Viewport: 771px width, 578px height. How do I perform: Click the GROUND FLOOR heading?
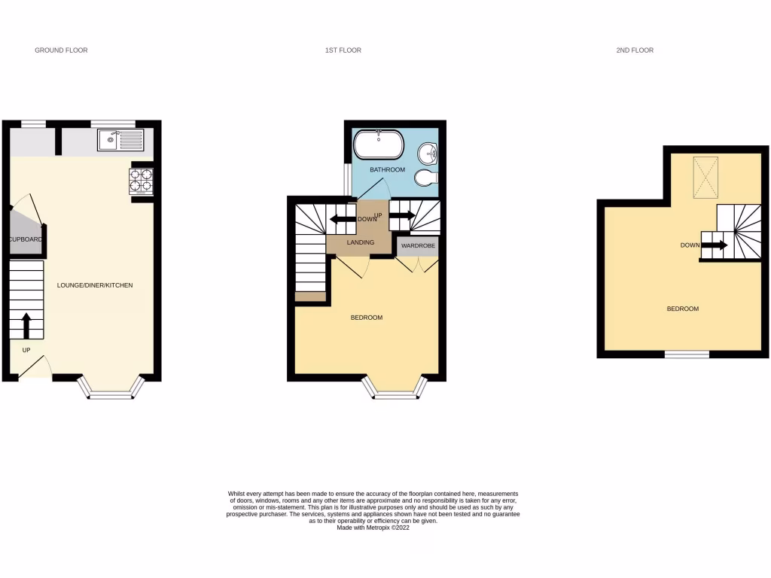pos(61,50)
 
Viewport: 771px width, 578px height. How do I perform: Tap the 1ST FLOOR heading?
pos(343,50)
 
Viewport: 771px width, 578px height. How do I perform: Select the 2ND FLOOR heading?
pos(634,50)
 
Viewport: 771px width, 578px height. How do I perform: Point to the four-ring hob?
pos(142,181)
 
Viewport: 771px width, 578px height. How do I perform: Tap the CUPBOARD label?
pos(26,240)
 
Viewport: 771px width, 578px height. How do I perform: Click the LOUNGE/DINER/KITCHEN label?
pos(95,285)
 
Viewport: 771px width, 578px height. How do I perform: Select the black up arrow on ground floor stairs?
pos(26,325)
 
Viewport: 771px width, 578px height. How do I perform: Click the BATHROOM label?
pos(387,170)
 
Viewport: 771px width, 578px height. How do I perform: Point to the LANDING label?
pos(360,242)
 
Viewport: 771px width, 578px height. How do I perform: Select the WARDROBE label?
pos(418,246)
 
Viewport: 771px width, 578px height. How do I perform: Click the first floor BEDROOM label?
pos(367,318)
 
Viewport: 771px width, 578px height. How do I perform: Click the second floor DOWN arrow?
pos(715,245)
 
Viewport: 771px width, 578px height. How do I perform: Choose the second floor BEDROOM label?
pos(683,309)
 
